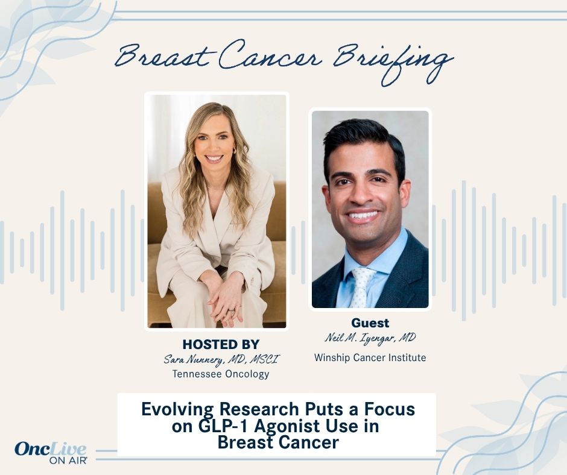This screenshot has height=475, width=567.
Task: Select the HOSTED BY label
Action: [x=221, y=345]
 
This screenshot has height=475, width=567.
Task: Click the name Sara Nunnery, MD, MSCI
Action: [x=221, y=360]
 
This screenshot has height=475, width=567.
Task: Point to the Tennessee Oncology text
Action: [x=221, y=374]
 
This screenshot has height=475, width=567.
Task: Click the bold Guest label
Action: [x=370, y=323]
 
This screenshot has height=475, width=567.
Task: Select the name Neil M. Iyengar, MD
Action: [x=370, y=338]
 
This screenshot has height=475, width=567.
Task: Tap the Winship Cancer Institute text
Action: [x=370, y=358]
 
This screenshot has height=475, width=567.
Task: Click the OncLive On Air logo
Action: [x=51, y=453]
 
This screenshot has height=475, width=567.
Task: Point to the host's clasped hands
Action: [x=223, y=295]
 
